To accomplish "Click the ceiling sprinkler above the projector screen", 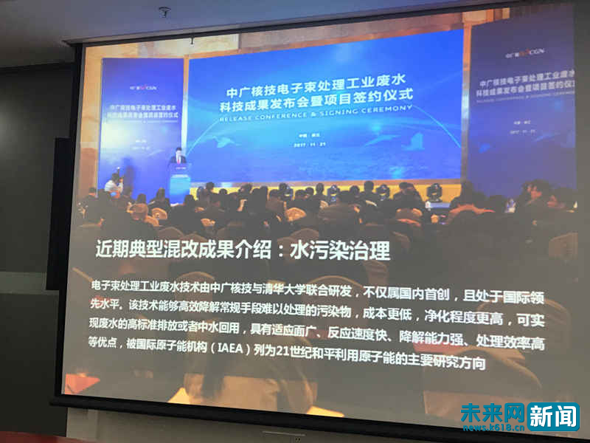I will point(164,13).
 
